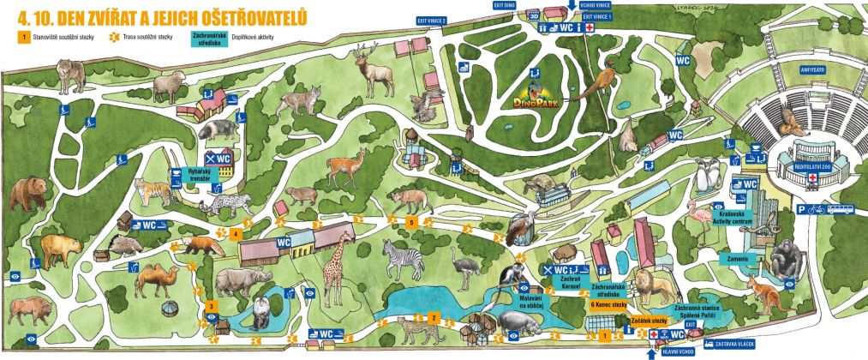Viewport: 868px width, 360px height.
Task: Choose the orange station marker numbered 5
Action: (411, 222)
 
